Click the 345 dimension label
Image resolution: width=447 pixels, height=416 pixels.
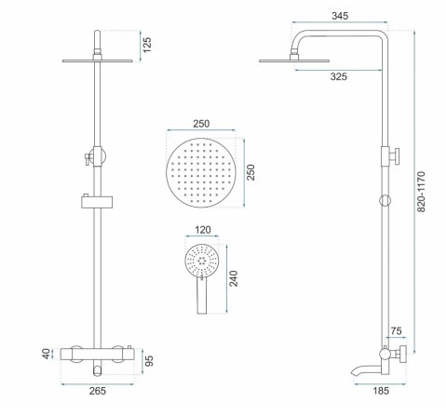(x=340, y=16)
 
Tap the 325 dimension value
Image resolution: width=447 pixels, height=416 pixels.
(x=338, y=76)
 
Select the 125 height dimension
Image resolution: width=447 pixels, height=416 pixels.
(x=147, y=45)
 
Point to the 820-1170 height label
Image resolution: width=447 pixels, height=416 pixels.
(x=421, y=192)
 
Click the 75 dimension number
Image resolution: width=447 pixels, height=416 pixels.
(x=396, y=331)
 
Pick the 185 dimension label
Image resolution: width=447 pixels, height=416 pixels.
(x=381, y=391)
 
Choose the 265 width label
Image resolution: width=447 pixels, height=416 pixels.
(x=98, y=391)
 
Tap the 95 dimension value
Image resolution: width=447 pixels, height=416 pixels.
(x=150, y=361)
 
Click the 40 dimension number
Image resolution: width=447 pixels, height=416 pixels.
(x=46, y=354)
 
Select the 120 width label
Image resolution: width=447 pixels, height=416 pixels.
(x=203, y=230)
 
